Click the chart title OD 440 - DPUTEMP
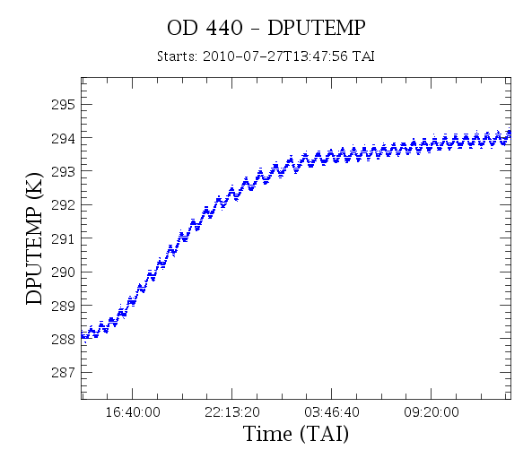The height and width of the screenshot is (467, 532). [x=266, y=28]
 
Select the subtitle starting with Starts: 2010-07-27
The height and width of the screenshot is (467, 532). [x=266, y=56]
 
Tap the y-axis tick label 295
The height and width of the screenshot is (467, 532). [x=63, y=105]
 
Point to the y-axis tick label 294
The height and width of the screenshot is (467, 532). [x=63, y=138]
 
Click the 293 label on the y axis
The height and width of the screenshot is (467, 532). [x=63, y=172]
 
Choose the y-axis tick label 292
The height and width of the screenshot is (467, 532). [x=63, y=205]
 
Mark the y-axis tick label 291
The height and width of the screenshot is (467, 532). [x=63, y=238]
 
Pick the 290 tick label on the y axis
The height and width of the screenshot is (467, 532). [x=63, y=272]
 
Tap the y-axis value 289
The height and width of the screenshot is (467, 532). [x=63, y=306]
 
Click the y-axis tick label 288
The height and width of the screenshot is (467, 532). [x=63, y=339]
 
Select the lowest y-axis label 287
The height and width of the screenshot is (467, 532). [x=63, y=373]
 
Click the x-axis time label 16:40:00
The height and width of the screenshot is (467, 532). [x=133, y=412]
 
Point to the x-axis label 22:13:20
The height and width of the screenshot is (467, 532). [x=232, y=412]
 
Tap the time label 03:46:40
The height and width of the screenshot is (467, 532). [x=331, y=412]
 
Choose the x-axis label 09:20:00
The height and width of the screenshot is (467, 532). [x=432, y=412]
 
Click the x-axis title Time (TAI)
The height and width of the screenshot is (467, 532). [x=296, y=434]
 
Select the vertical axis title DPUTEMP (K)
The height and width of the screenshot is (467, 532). [x=34, y=238]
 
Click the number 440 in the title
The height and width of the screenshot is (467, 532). [x=224, y=28]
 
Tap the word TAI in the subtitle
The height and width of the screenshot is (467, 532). [x=363, y=56]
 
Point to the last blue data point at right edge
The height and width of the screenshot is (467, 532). [x=509, y=132]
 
